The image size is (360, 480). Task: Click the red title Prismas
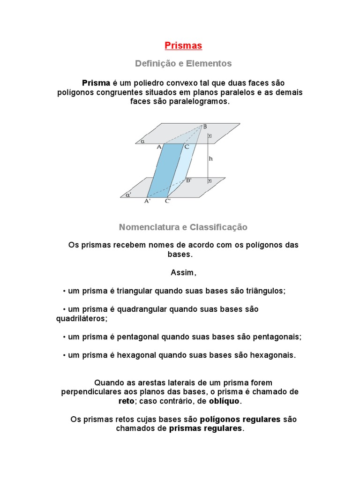tap(183, 45)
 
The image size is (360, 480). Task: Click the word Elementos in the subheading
tap(209, 63)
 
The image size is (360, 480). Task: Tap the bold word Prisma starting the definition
tap(96, 83)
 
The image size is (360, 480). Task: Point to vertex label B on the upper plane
tap(204, 127)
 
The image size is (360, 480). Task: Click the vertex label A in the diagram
tap(159, 147)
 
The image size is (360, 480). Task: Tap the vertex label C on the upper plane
tap(186, 147)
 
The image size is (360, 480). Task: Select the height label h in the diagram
tap(211, 158)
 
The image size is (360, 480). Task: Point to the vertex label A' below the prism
tap(148, 201)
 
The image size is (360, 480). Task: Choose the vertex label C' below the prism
tap(168, 201)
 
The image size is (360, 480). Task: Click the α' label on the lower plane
tap(128, 193)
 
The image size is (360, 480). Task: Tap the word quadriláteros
tap(82, 318)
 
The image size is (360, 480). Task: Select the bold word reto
tap(126, 401)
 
